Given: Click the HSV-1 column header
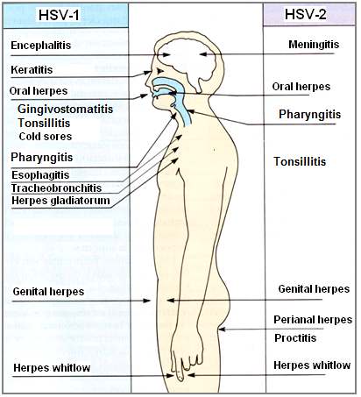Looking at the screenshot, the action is [59, 15].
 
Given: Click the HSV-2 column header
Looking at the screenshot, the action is [306, 14].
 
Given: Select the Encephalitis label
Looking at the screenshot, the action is [41, 46].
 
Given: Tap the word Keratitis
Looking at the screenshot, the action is [32, 70].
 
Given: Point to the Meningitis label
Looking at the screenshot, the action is [314, 45].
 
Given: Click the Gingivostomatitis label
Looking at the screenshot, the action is [65, 110].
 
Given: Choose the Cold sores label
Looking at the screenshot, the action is [46, 137].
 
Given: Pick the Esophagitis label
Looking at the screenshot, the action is [40, 175].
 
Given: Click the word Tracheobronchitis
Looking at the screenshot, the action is [56, 188].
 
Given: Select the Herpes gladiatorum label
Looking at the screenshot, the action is [60, 201].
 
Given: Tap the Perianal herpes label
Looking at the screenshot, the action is [313, 320].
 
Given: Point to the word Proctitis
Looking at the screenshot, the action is [295, 338].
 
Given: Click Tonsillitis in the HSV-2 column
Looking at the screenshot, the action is [300, 161].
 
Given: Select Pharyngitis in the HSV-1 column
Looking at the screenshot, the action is [42, 158].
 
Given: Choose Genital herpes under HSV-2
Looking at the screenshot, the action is [314, 289].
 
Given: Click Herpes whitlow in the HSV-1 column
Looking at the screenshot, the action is [52, 368].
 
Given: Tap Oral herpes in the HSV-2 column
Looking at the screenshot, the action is [301, 87].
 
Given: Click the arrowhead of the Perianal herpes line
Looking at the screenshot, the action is [222, 330].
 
